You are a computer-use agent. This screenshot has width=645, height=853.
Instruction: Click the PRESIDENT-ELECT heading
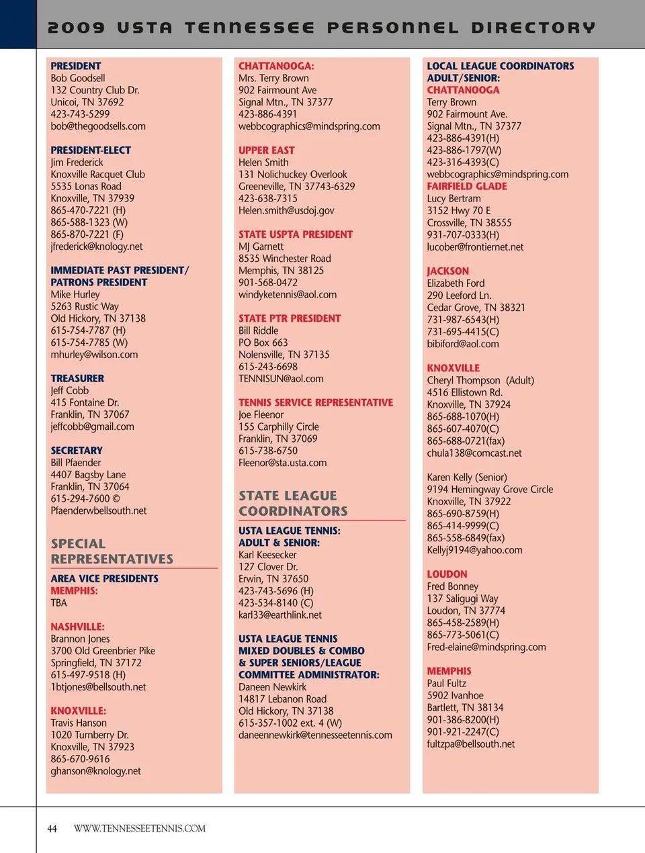91,150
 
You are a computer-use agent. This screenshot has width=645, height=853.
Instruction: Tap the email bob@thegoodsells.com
98,126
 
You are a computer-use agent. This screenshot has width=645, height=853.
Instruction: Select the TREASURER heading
77,379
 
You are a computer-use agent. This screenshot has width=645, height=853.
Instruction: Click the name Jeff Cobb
70,391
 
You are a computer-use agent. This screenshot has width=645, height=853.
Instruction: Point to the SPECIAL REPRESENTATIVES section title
112,551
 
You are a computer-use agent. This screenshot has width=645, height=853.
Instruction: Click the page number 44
52,829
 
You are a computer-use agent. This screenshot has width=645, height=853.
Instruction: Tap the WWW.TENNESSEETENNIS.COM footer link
140,829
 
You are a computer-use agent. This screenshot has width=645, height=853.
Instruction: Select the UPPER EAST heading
266,150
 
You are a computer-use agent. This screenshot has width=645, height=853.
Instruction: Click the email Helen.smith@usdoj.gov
286,211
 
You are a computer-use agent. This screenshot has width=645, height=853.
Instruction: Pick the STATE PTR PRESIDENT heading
290,318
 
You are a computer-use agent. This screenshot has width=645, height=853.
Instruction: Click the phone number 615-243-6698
268,367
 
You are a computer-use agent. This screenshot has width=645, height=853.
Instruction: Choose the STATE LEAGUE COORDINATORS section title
293,503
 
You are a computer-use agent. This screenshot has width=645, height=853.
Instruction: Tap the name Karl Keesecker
267,555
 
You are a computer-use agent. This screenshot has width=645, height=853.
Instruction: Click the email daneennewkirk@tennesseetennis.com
315,735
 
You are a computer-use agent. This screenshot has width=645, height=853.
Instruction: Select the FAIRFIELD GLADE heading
467,187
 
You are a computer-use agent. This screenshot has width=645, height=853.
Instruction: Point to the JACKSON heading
448,271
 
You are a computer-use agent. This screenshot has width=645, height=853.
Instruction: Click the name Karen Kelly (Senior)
467,478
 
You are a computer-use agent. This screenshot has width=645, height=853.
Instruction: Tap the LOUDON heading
447,574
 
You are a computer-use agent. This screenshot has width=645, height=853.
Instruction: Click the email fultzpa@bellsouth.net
471,744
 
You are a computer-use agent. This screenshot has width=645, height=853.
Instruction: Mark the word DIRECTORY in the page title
533,28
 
